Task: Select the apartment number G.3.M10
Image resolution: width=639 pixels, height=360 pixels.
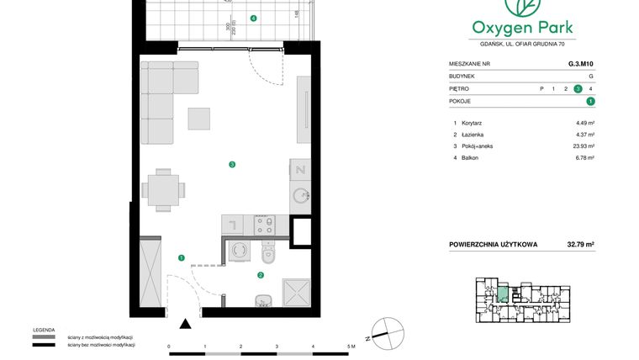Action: pos(580,62)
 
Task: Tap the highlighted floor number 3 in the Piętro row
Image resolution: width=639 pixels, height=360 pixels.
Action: pos(578,88)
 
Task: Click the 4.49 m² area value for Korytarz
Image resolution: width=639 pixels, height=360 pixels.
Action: pos(584,123)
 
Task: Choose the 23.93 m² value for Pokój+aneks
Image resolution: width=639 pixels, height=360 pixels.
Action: pos(584,146)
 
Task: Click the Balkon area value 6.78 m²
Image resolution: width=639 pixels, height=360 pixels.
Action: pos(584,157)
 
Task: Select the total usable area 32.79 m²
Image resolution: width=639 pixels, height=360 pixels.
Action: pos(579,245)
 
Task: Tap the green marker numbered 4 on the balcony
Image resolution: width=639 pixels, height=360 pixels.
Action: pos(254,19)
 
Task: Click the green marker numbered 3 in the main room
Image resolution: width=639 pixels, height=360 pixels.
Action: pos(231,164)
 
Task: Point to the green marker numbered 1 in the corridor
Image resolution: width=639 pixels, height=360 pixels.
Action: pos(181,257)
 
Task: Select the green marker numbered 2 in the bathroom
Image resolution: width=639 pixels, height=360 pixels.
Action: pos(261,274)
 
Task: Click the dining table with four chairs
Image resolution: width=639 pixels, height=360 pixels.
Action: pos(161,189)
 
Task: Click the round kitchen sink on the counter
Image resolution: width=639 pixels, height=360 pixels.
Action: pos(300,198)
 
